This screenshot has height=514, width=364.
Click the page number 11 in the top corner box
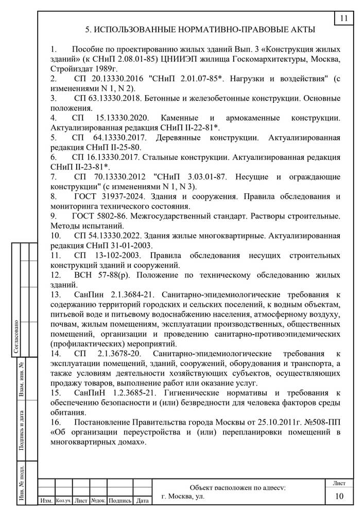(x=343, y=19)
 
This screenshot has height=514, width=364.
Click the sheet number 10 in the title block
(x=339, y=496)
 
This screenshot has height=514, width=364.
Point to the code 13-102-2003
(x=118, y=255)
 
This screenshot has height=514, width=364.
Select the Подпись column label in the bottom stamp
(x=120, y=500)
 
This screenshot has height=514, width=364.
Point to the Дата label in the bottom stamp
(x=143, y=500)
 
